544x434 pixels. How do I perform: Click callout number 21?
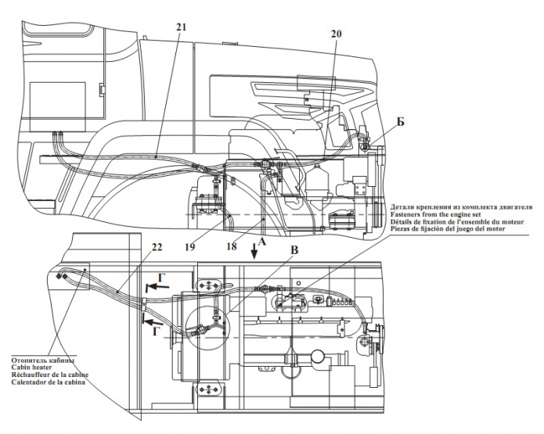tap(182, 27)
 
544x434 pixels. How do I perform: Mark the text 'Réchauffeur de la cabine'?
tap(49, 376)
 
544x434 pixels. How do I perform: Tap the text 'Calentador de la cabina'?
tap(48, 385)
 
